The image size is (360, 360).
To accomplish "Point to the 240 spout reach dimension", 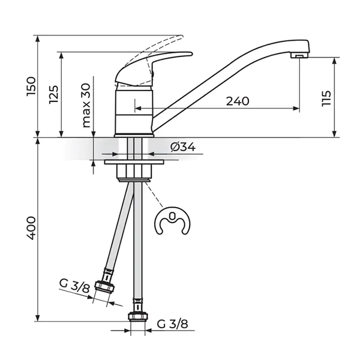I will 237,101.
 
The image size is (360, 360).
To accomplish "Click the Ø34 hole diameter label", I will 183,147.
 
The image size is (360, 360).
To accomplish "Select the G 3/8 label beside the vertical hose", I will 172,325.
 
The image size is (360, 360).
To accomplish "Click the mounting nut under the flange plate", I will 136,173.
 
